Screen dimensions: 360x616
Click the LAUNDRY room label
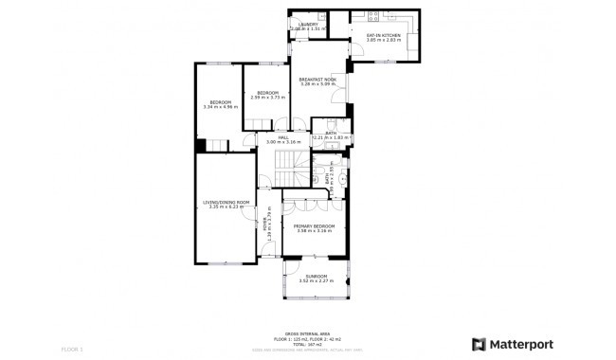308,25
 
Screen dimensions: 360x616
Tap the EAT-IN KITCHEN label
384,35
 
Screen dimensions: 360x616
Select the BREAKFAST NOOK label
317,79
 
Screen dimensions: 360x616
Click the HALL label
282,136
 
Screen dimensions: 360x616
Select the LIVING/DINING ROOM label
226,202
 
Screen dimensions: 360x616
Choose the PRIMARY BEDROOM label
314,225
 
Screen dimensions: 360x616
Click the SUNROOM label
315,276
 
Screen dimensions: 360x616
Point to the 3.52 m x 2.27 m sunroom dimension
315,281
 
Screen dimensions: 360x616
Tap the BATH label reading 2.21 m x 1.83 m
331,134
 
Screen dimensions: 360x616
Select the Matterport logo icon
480,344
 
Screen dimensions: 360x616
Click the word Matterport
521,344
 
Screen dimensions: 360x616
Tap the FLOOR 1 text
72,349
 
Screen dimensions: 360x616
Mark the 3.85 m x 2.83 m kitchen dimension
384,41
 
